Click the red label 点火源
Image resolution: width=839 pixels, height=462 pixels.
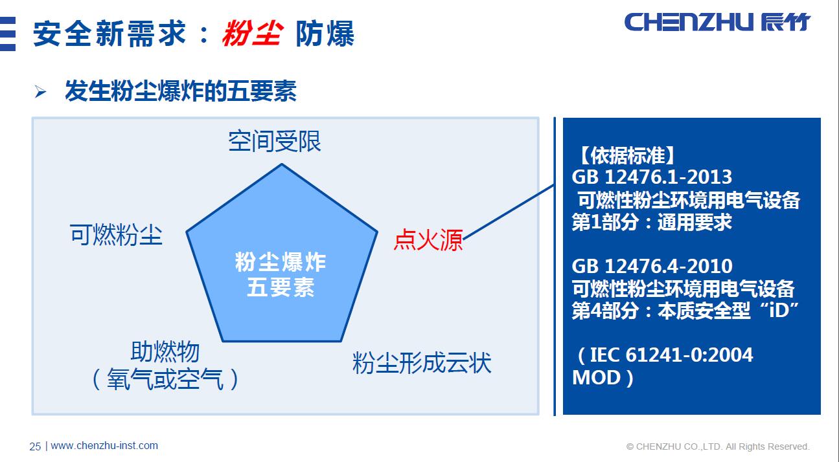pyautogui.click(x=428, y=240)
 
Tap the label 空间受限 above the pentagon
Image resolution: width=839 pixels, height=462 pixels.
pyautogui.click(x=275, y=141)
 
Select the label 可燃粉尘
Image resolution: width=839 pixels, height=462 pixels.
pyautogui.click(x=116, y=235)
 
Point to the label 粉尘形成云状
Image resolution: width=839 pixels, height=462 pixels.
pyautogui.click(x=422, y=362)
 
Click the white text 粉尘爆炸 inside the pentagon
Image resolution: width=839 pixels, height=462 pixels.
pyautogui.click(x=281, y=263)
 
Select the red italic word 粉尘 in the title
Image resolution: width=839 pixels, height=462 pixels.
pyautogui.click(x=251, y=34)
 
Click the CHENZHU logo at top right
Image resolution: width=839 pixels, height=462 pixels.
pyautogui.click(x=717, y=22)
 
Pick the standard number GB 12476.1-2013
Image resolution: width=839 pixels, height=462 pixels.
pyautogui.click(x=652, y=177)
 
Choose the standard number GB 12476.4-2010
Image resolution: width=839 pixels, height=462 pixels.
pyautogui.click(x=652, y=266)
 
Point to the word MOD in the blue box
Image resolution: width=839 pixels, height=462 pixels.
pyautogui.click(x=596, y=377)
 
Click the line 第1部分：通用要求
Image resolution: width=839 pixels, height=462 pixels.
pyautogui.click(x=652, y=222)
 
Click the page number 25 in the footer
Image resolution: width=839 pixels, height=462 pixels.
pyautogui.click(x=35, y=446)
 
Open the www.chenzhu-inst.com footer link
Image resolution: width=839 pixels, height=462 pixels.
pyautogui.click(x=104, y=446)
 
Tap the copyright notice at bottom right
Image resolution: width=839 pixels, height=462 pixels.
pyautogui.click(x=718, y=446)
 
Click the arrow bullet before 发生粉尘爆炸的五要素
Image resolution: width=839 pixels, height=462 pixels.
pyautogui.click(x=41, y=93)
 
